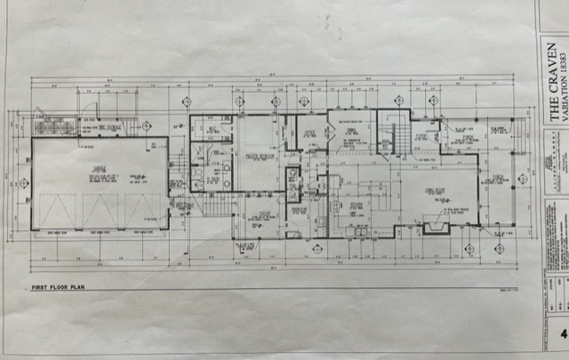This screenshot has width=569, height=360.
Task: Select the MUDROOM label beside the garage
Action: [x=184, y=205]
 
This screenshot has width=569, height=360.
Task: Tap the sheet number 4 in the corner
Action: [x=562, y=334]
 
